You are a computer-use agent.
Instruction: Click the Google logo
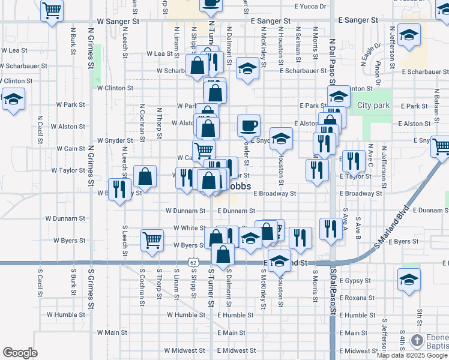pos(20,353)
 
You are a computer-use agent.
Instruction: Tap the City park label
pos(373,106)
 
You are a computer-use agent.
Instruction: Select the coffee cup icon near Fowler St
pos(249,125)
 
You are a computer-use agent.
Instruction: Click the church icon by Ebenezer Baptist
pos(417,341)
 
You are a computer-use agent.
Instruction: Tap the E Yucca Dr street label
pos(310,7)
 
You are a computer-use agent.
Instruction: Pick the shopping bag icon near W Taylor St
pos(145,176)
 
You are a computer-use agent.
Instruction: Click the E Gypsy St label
pos(357,281)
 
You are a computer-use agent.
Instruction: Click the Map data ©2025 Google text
pos(412,355)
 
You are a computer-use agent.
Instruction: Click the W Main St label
pos(108,332)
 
